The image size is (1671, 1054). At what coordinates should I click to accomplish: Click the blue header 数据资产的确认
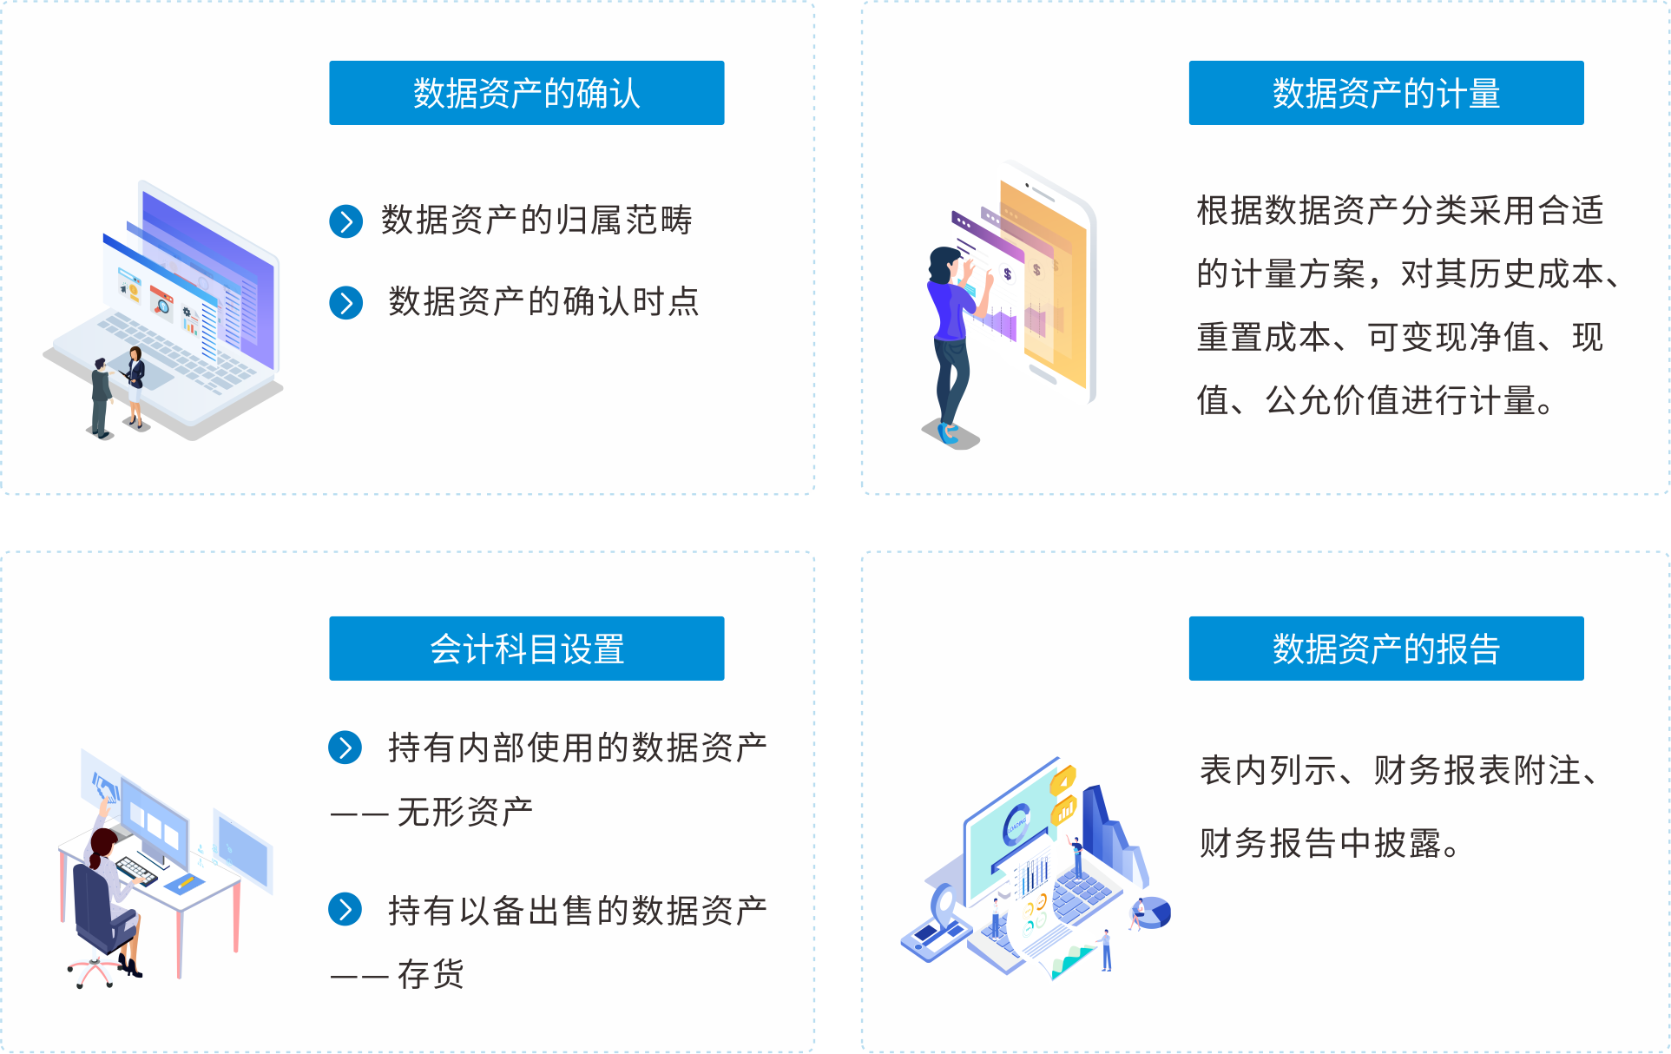point(526,93)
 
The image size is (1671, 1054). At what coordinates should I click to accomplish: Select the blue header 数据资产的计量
point(1386,93)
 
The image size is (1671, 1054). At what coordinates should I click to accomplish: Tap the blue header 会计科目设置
point(526,649)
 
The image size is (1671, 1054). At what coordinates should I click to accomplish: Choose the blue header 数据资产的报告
point(1386,649)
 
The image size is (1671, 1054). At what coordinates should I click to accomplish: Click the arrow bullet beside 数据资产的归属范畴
point(345,221)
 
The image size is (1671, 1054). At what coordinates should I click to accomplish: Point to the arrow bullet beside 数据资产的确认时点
point(345,303)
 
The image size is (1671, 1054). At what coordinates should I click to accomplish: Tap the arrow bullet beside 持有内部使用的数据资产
point(345,748)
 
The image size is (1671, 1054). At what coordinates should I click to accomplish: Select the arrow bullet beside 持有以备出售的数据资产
point(345,909)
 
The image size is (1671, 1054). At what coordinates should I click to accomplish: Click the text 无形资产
point(465,812)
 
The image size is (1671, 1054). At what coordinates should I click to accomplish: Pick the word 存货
point(431,974)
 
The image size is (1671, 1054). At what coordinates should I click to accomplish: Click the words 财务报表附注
point(1477,770)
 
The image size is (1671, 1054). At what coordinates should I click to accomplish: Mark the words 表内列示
point(1268,770)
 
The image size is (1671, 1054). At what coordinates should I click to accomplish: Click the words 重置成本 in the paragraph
point(1264,337)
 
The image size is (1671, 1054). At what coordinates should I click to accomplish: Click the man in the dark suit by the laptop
point(102,398)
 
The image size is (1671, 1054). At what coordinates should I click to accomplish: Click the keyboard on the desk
point(137,869)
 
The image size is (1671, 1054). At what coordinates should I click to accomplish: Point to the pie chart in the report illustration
point(1155,912)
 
